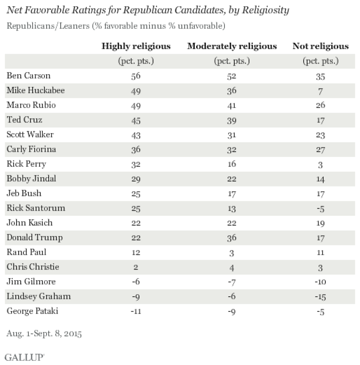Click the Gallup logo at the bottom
[x=24, y=357]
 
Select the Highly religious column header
[x=136, y=47]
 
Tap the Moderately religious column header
[x=232, y=47]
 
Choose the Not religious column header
[x=321, y=47]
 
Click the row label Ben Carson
[x=29, y=76]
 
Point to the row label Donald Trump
[x=35, y=238]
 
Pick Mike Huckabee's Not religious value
[x=321, y=91]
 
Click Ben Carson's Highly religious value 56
[x=136, y=76]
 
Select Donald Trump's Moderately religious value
[x=232, y=238]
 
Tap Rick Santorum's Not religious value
[x=321, y=209]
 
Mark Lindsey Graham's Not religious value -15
[x=321, y=297]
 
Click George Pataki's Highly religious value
[x=136, y=312]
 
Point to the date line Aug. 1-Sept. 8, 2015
[x=44, y=334]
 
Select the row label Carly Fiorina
[x=32, y=150]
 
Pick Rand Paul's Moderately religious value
[x=232, y=253]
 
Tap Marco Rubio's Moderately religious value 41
[x=232, y=106]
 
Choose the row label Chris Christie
[x=33, y=267]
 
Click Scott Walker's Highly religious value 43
[x=136, y=135]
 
